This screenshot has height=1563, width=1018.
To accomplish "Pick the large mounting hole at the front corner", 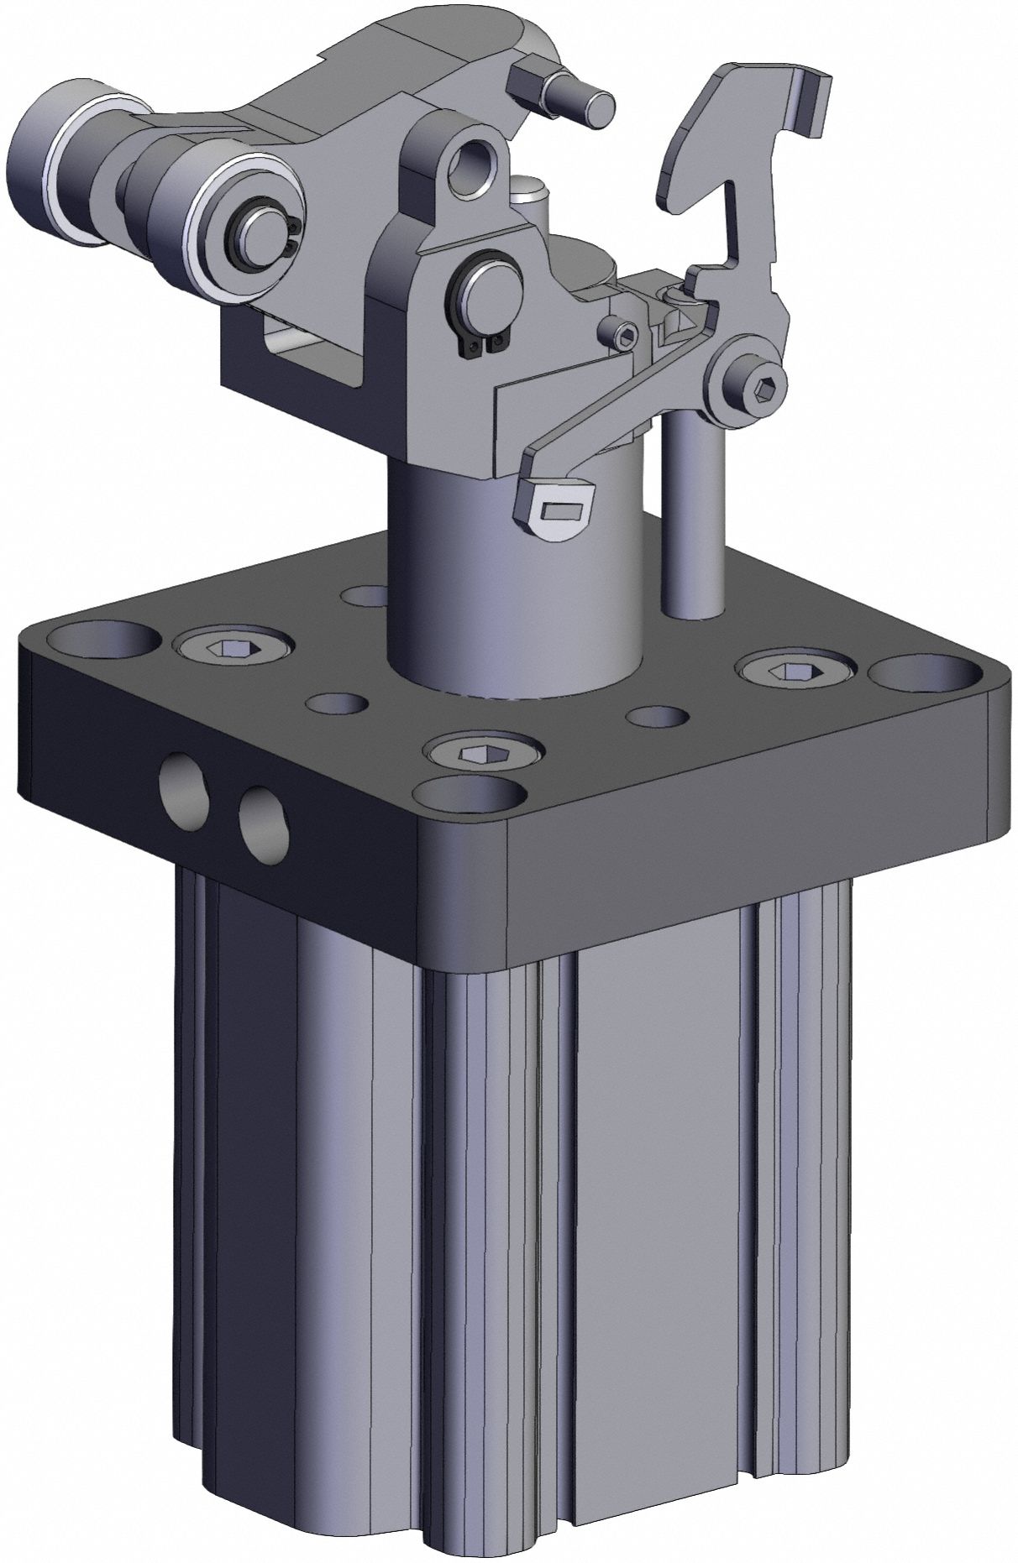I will (x=473, y=797).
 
